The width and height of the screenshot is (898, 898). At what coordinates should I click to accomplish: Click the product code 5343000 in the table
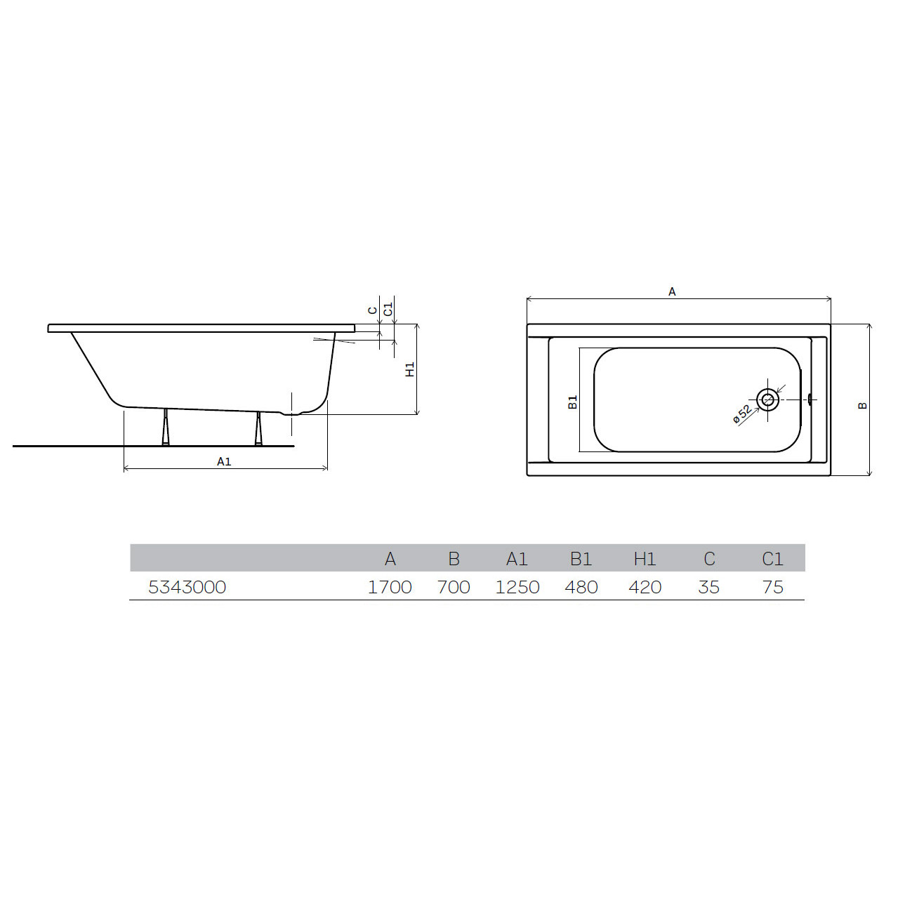click(187, 587)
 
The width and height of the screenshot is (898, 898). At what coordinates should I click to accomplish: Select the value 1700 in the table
click(390, 587)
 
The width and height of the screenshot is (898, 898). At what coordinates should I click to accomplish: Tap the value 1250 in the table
click(517, 587)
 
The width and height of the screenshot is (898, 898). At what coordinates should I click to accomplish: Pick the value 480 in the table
click(581, 587)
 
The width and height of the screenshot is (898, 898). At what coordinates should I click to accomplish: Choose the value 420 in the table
click(645, 587)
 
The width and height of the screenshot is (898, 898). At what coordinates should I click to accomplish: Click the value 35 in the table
click(709, 587)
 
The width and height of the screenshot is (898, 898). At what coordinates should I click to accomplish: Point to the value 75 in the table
click(772, 587)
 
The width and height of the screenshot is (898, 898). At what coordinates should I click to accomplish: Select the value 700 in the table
click(454, 587)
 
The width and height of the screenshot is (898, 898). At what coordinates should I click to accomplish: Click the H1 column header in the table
click(645, 558)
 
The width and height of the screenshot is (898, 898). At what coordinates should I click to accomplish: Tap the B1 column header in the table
click(581, 558)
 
